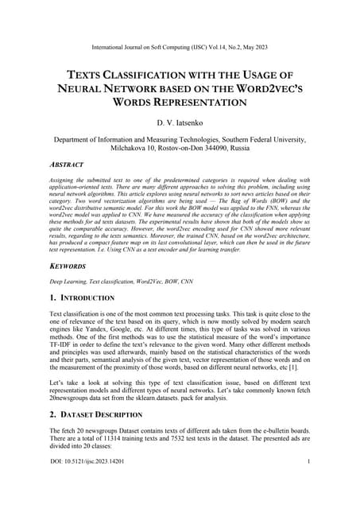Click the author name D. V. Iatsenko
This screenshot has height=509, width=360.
pos(180,123)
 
